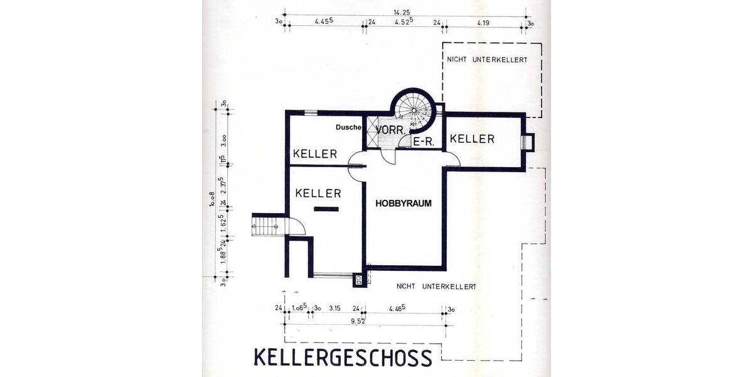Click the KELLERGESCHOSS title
pyautogui.click(x=343, y=357)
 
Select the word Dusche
pyautogui.click(x=349, y=128)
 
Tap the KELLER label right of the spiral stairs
pyautogui.click(x=472, y=139)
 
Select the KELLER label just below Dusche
pyautogui.click(x=316, y=154)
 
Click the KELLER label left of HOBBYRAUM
pyautogui.click(x=318, y=193)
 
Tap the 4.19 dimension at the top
pyautogui.click(x=483, y=23)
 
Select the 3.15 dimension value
pyautogui.click(x=334, y=309)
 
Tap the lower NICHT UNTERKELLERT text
pyautogui.click(x=436, y=287)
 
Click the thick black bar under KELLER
pyautogui.click(x=326, y=209)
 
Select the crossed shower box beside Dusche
pyautogui.click(x=373, y=132)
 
